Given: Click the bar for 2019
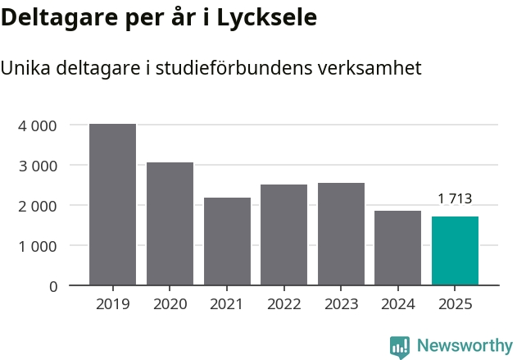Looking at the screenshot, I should coord(112,204).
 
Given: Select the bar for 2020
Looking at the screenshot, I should coord(170,224).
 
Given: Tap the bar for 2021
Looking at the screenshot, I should coord(227,241).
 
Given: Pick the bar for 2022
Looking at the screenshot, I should coord(283,235).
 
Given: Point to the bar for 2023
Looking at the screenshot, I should coord(341,234).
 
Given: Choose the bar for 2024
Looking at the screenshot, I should coord(397,248).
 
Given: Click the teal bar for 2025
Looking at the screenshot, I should coord(455,251).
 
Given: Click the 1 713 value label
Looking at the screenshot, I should coord(455,198).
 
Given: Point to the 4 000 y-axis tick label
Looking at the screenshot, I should coord(37,125).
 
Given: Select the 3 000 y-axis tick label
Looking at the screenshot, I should coord(37,166).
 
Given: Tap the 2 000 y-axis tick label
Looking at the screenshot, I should coord(37,206).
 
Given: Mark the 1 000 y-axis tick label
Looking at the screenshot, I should coord(37,246).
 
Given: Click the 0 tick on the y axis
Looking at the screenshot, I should coord(52,286).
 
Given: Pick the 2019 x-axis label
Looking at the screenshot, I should coord(112,304).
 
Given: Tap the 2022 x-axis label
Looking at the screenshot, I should coord(283,304).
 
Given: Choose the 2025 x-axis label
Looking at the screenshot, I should coord(455,304).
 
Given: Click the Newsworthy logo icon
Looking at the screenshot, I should coord(400,346).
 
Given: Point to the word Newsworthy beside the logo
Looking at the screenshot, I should coord(465,345).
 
